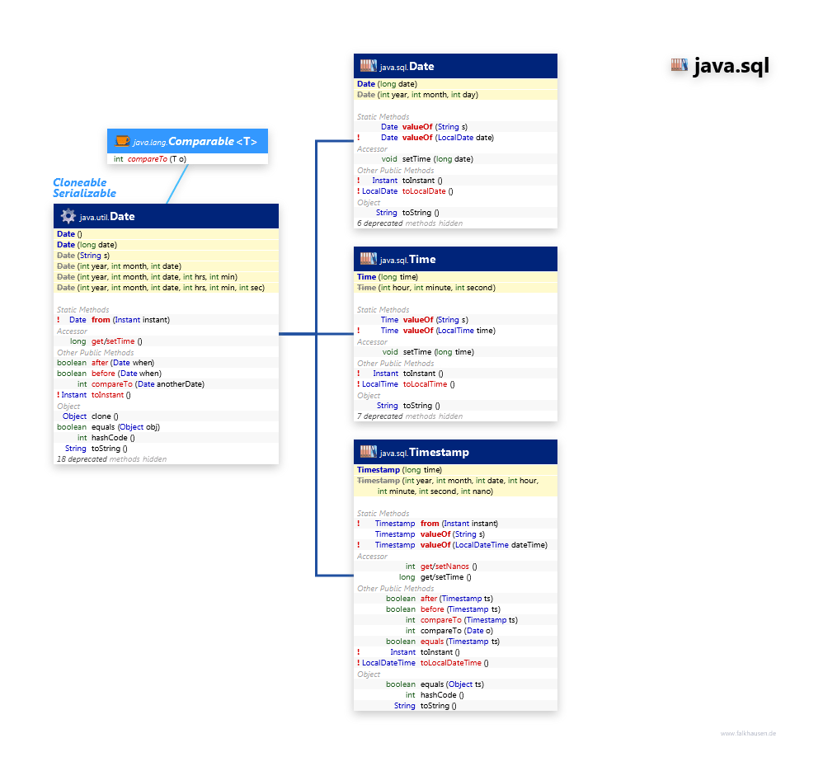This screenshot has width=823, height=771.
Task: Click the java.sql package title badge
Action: click(720, 67)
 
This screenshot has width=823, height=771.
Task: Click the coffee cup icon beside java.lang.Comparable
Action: click(122, 141)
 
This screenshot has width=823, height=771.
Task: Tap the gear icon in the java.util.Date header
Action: click(68, 216)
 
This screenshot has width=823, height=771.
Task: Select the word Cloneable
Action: click(80, 182)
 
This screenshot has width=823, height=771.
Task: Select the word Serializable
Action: click(84, 193)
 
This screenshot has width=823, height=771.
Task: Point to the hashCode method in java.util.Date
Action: click(110, 438)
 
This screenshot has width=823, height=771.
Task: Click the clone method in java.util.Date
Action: click(105, 416)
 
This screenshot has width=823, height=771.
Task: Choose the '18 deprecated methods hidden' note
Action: click(111, 459)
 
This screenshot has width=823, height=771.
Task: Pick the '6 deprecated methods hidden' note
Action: click(409, 223)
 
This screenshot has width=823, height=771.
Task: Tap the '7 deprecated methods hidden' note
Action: click(409, 416)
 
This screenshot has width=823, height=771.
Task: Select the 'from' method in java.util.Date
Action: click(101, 320)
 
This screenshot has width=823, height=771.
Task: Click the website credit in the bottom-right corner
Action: click(748, 733)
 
